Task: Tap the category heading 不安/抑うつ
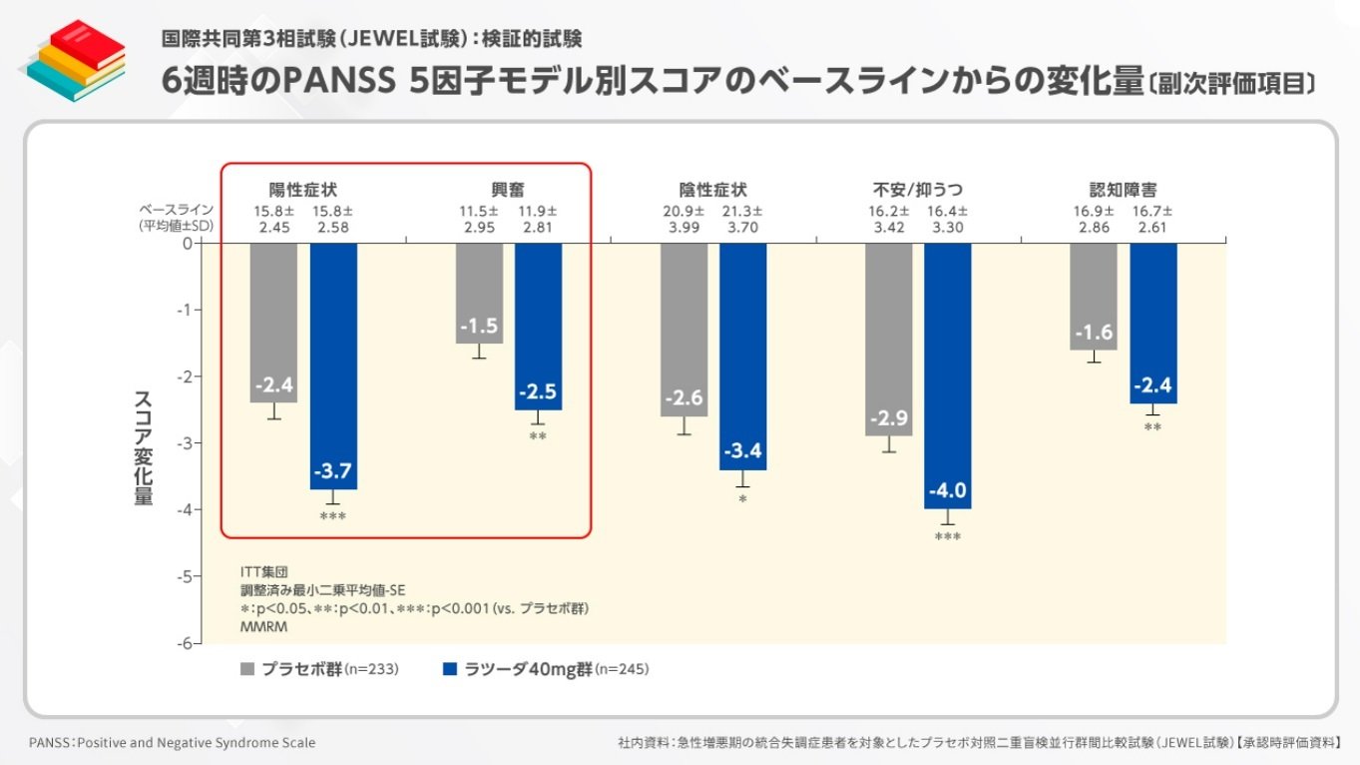point(918,189)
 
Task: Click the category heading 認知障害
point(1124,189)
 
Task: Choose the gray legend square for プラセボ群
point(247,668)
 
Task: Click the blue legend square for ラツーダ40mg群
point(449,668)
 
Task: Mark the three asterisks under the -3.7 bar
point(332,516)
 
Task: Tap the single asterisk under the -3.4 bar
point(742,497)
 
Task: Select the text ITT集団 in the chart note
point(264,572)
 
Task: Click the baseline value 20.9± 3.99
point(684,219)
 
